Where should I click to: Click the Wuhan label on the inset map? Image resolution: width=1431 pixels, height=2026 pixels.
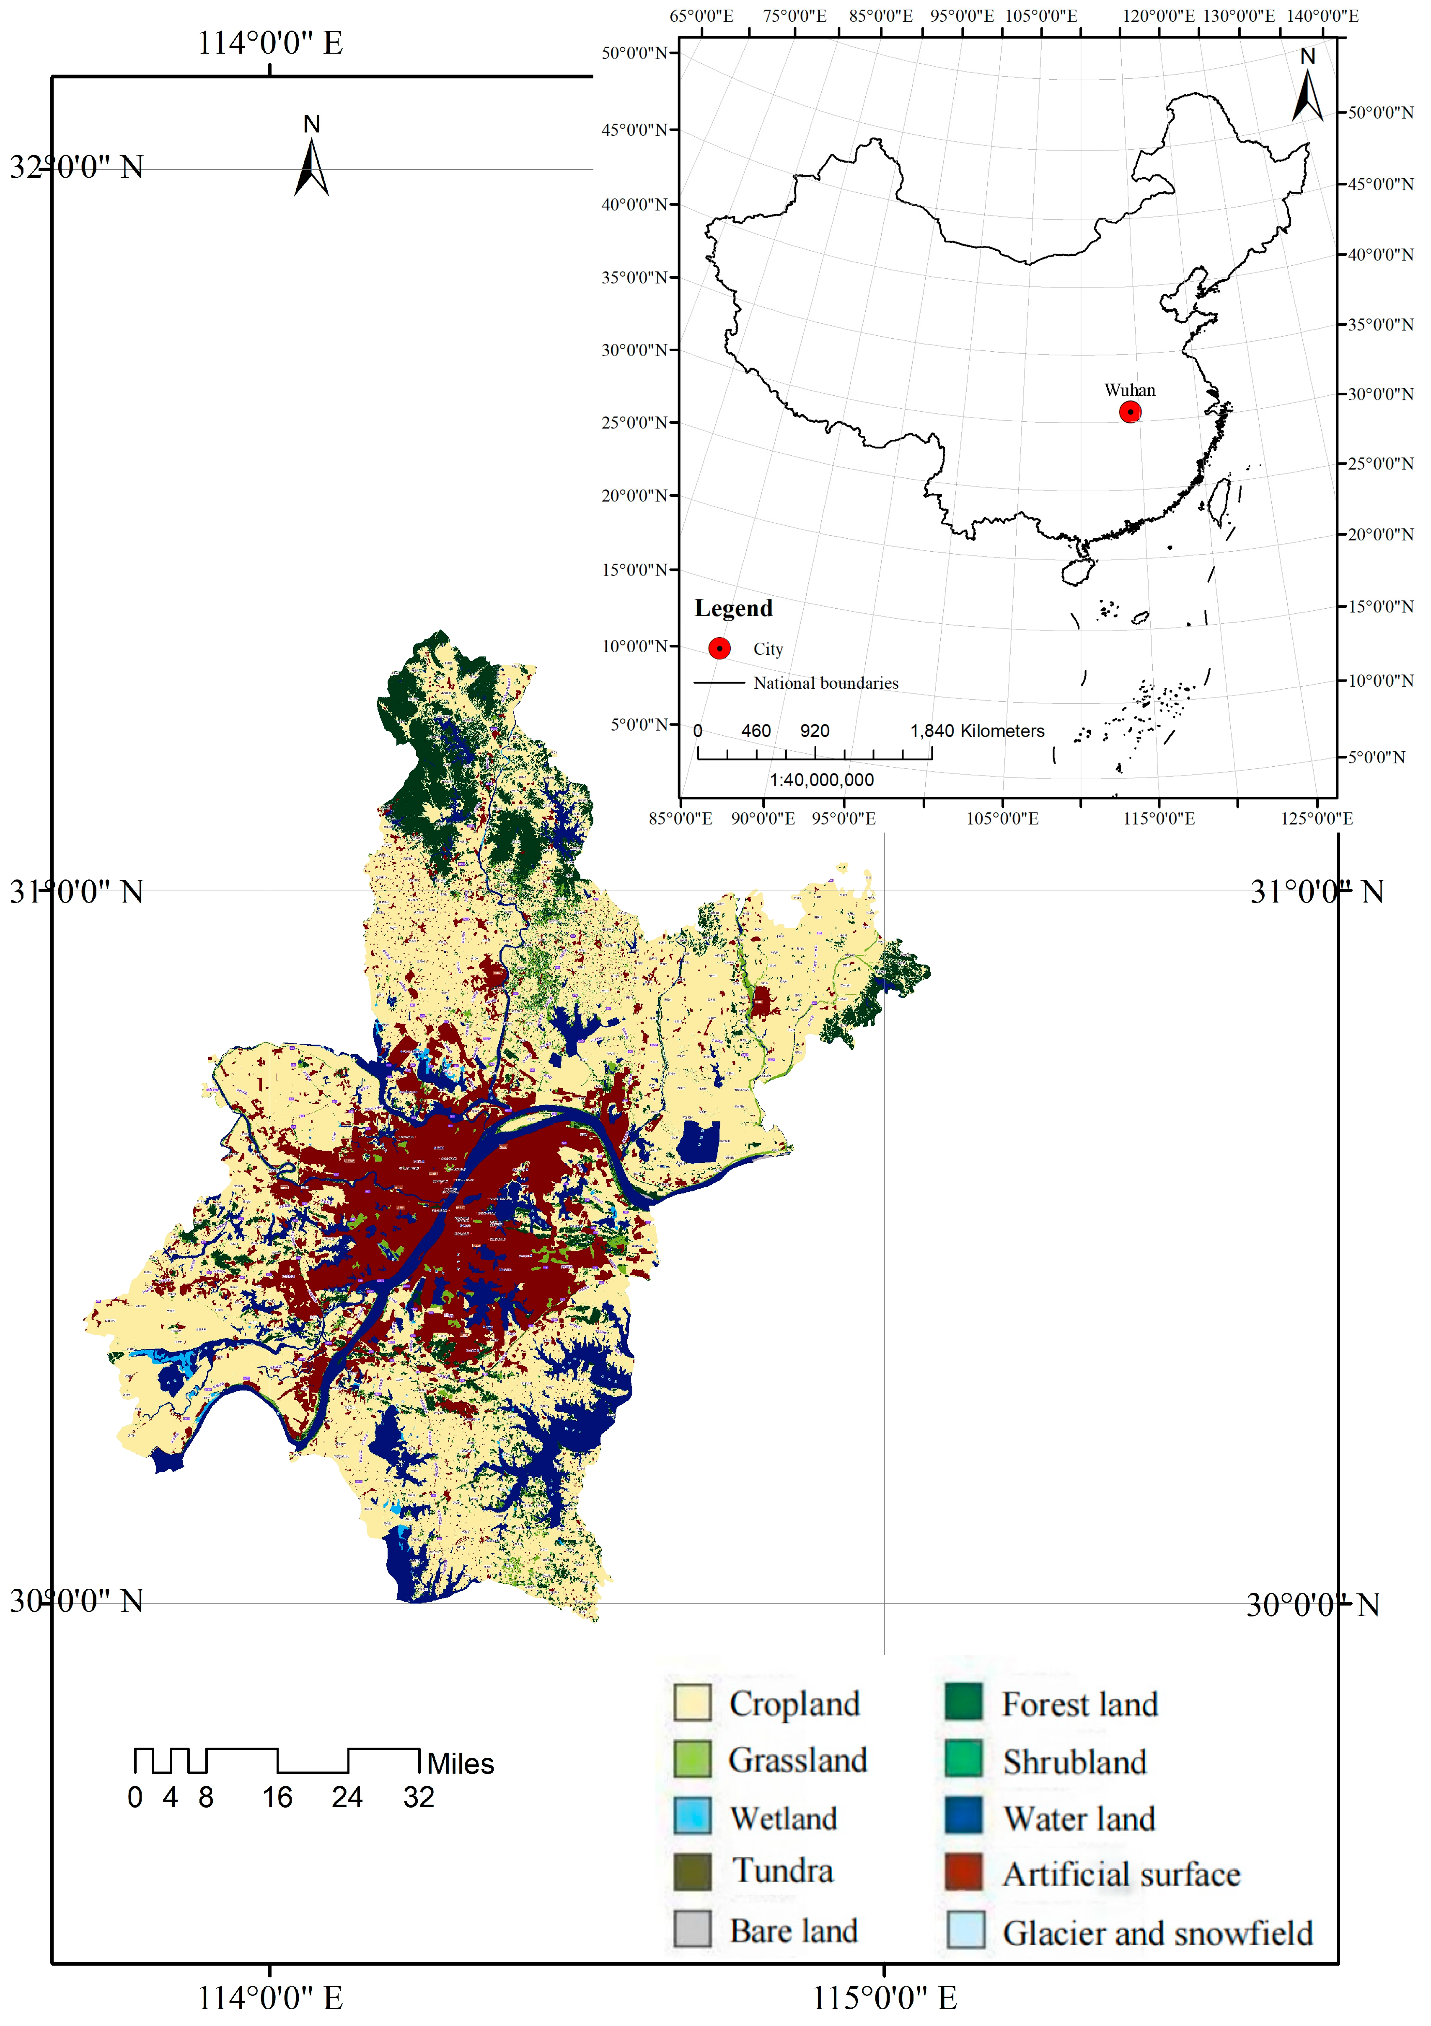pos(1129,390)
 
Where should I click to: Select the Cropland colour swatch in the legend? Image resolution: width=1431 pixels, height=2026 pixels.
pos(693,1702)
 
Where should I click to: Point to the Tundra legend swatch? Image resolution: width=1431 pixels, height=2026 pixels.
pos(693,1873)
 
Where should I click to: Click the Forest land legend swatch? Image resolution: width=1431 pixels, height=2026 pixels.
pos(963,1702)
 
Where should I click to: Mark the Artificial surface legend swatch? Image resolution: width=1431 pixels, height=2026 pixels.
pos(963,1873)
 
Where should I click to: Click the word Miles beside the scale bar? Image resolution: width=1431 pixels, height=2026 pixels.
pos(461,1764)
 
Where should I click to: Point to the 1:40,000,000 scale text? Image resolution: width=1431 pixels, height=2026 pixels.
pos(821,780)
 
